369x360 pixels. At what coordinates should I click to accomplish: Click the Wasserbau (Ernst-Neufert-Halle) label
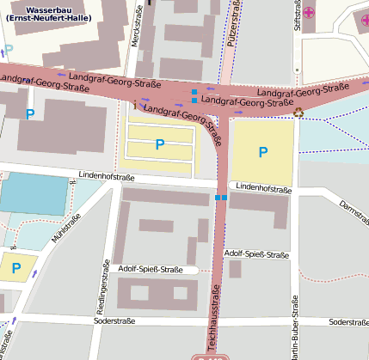point(53,14)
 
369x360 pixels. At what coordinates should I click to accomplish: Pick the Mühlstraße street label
point(66,230)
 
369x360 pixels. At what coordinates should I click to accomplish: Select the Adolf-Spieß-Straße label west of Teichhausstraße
point(151,270)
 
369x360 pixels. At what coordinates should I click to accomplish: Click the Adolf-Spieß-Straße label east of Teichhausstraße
point(255,254)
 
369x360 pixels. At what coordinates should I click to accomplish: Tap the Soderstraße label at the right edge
point(348,322)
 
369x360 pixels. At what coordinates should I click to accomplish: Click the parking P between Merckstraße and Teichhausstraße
point(159,145)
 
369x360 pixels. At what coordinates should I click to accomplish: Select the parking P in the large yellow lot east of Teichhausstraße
point(263,152)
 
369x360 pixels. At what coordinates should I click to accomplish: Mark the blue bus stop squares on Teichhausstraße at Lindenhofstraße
point(220,198)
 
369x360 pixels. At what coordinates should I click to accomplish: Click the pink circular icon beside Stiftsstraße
point(308,12)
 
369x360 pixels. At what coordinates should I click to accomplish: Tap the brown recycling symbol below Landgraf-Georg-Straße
point(298,111)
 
